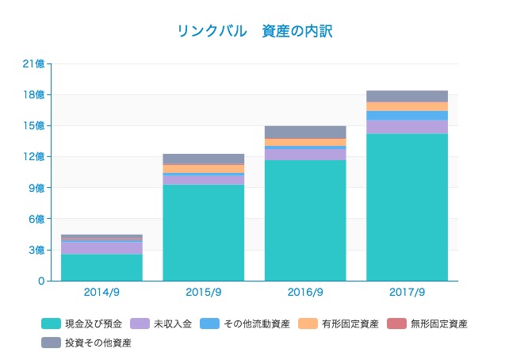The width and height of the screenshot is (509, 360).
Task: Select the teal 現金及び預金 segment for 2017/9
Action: pos(407,207)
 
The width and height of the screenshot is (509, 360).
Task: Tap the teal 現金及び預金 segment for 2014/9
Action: pos(101,267)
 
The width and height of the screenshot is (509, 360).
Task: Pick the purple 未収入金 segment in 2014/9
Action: pos(101,247)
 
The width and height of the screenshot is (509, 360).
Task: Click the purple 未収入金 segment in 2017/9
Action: pos(407,127)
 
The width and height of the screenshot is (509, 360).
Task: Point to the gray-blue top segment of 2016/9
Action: pos(305,132)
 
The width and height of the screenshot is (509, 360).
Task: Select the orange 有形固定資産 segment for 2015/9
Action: pos(203,168)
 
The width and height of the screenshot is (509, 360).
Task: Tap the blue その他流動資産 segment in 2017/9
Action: pos(407,116)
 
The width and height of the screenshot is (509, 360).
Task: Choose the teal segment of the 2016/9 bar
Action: pos(305,220)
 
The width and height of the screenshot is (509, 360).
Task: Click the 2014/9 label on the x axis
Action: pos(101,292)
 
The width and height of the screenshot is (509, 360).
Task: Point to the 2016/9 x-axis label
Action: pos(305,292)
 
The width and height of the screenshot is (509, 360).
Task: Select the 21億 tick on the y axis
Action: pos(35,64)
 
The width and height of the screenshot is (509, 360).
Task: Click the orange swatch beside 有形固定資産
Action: pos(308,324)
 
